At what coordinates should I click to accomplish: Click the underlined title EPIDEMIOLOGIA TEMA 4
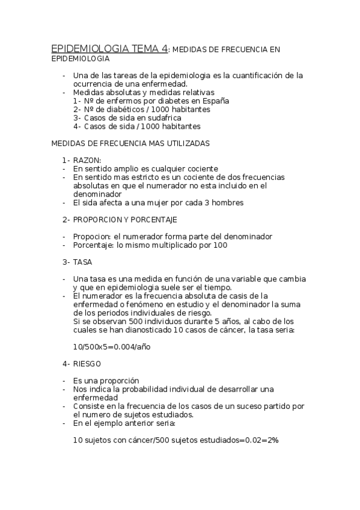(109, 49)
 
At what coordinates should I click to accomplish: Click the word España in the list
(215, 101)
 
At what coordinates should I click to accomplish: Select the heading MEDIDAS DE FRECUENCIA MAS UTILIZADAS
(130, 144)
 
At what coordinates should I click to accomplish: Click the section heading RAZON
(87, 160)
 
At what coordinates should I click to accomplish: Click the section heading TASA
(83, 262)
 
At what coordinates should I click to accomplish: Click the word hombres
(225, 203)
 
